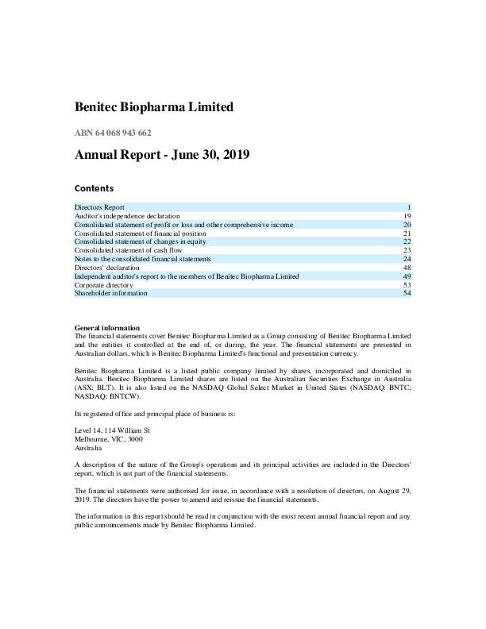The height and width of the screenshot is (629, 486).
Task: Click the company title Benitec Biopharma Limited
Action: pyautogui.click(x=154, y=106)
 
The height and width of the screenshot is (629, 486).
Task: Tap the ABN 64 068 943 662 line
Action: pyautogui.click(x=113, y=133)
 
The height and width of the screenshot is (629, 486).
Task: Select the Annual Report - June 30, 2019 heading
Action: pyautogui.click(x=162, y=156)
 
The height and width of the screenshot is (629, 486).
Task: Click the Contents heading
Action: pyautogui.click(x=94, y=188)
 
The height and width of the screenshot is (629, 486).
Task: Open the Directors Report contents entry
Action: pyautogui.click(x=99, y=207)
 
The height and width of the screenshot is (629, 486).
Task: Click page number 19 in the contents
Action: pyautogui.click(x=406, y=216)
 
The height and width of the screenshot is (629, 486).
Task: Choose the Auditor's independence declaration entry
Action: pyautogui.click(x=127, y=216)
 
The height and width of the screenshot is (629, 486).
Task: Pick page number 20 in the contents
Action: pyautogui.click(x=406, y=225)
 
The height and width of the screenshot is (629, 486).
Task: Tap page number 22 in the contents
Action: pyautogui.click(x=406, y=241)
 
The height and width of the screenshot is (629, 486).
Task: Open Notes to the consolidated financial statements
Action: pyautogui.click(x=143, y=259)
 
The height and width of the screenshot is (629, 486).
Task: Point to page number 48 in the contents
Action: pyautogui.click(x=406, y=268)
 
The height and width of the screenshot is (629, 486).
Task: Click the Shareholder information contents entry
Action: pyautogui.click(x=111, y=293)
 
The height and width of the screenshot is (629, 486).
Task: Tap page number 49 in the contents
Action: pyautogui.click(x=406, y=276)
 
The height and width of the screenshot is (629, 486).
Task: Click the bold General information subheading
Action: pyautogui.click(x=107, y=328)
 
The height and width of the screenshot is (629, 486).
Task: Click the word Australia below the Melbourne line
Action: pyautogui.click(x=88, y=448)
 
